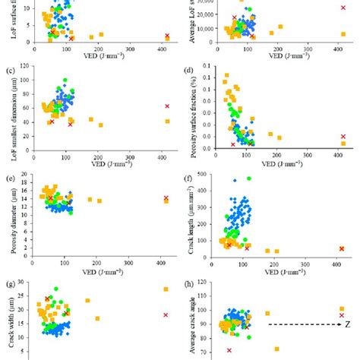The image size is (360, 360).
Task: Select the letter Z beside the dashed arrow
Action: tap(347, 324)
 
